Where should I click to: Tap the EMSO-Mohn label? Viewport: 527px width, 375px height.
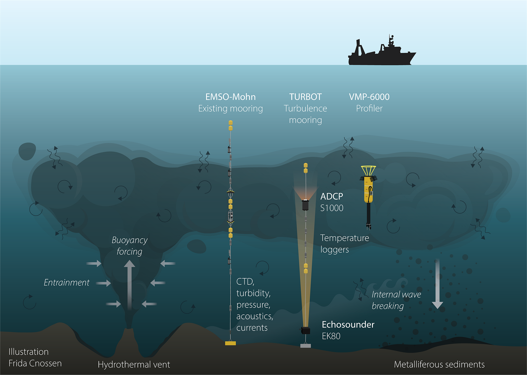[x=230, y=97]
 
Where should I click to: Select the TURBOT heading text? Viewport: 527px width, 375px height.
[x=305, y=97]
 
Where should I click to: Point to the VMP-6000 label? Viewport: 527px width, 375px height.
[x=369, y=97]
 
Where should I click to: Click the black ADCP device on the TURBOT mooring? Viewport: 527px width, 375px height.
[x=305, y=205]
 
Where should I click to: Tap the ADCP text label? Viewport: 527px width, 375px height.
[x=332, y=196]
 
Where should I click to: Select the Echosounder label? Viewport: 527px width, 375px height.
[x=348, y=324]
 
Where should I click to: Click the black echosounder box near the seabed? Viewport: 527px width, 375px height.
[x=305, y=330]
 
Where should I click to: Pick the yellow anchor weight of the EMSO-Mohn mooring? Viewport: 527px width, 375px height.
[x=230, y=343]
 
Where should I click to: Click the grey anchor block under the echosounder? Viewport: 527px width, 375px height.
[x=305, y=345]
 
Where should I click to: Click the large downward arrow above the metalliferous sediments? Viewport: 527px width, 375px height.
[x=437, y=283]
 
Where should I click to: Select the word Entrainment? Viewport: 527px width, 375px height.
[x=67, y=282]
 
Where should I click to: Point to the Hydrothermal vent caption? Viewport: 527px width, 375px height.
[x=134, y=365]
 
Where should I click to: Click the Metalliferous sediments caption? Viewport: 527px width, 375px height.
[x=439, y=364]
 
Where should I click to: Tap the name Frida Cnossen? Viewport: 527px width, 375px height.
[x=35, y=363]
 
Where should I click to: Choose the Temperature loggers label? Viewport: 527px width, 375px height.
[x=345, y=244]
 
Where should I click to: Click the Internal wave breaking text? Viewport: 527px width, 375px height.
[x=396, y=300]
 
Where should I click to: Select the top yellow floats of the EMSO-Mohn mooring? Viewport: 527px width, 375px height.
[x=231, y=125]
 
